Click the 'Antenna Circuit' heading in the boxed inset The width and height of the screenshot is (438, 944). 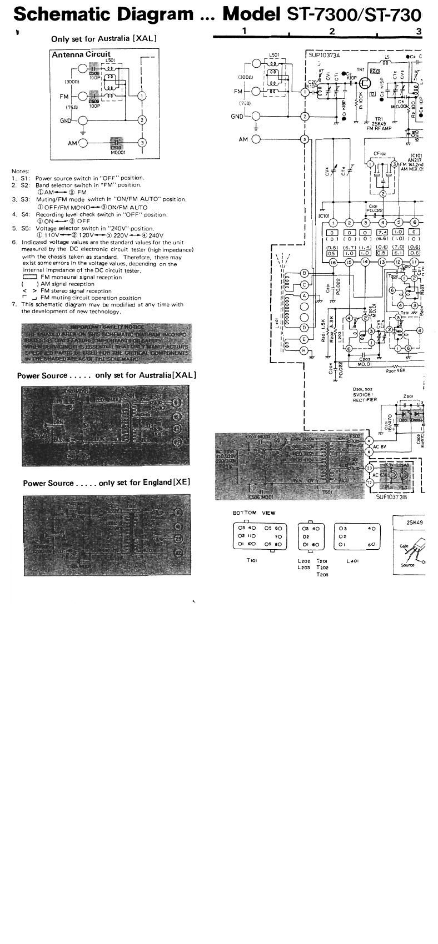[x=81, y=54]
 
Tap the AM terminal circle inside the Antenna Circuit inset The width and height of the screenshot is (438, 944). [x=83, y=143]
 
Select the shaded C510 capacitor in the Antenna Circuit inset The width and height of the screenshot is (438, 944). [x=117, y=143]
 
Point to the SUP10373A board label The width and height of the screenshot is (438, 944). [x=325, y=55]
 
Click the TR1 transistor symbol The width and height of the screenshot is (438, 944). [x=365, y=83]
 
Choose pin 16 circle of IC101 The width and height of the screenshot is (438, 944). [x=333, y=262]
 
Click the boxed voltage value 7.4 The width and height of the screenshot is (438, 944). [x=382, y=232]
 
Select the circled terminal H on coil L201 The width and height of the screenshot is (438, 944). [x=304, y=350]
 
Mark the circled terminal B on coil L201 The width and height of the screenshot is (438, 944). [x=304, y=273]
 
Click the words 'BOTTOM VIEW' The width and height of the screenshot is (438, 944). [x=253, y=513]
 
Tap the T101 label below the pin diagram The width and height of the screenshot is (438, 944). [x=251, y=560]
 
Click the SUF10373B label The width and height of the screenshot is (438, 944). [x=385, y=498]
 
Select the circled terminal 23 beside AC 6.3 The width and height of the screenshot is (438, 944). [x=370, y=469]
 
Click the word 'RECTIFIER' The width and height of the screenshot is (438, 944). [x=365, y=400]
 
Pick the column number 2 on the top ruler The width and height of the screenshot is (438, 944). [x=332, y=31]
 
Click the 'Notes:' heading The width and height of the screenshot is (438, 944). [x=21, y=171]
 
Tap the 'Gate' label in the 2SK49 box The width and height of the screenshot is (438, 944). [x=404, y=546]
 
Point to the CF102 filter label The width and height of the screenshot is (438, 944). [x=380, y=154]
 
